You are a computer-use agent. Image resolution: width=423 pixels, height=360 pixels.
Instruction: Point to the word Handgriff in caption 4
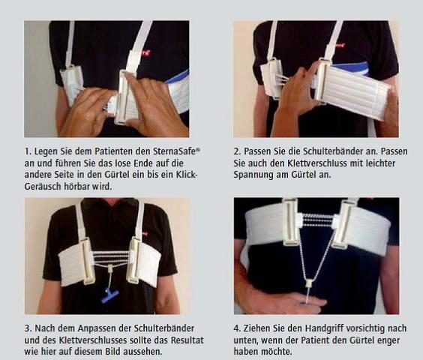pos(325,328)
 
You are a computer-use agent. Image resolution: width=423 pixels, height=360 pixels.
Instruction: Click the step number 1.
pos(28,151)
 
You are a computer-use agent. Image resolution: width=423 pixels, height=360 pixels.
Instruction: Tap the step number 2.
pos(237,151)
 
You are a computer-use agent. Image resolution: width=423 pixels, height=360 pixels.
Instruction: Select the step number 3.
pos(28,328)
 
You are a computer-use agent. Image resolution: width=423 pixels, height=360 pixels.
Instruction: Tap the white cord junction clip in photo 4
pos(308,284)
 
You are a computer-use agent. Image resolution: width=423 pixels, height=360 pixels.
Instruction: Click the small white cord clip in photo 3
pos(110,268)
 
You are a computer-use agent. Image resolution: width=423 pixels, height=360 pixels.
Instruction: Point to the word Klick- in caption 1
pos(187,175)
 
